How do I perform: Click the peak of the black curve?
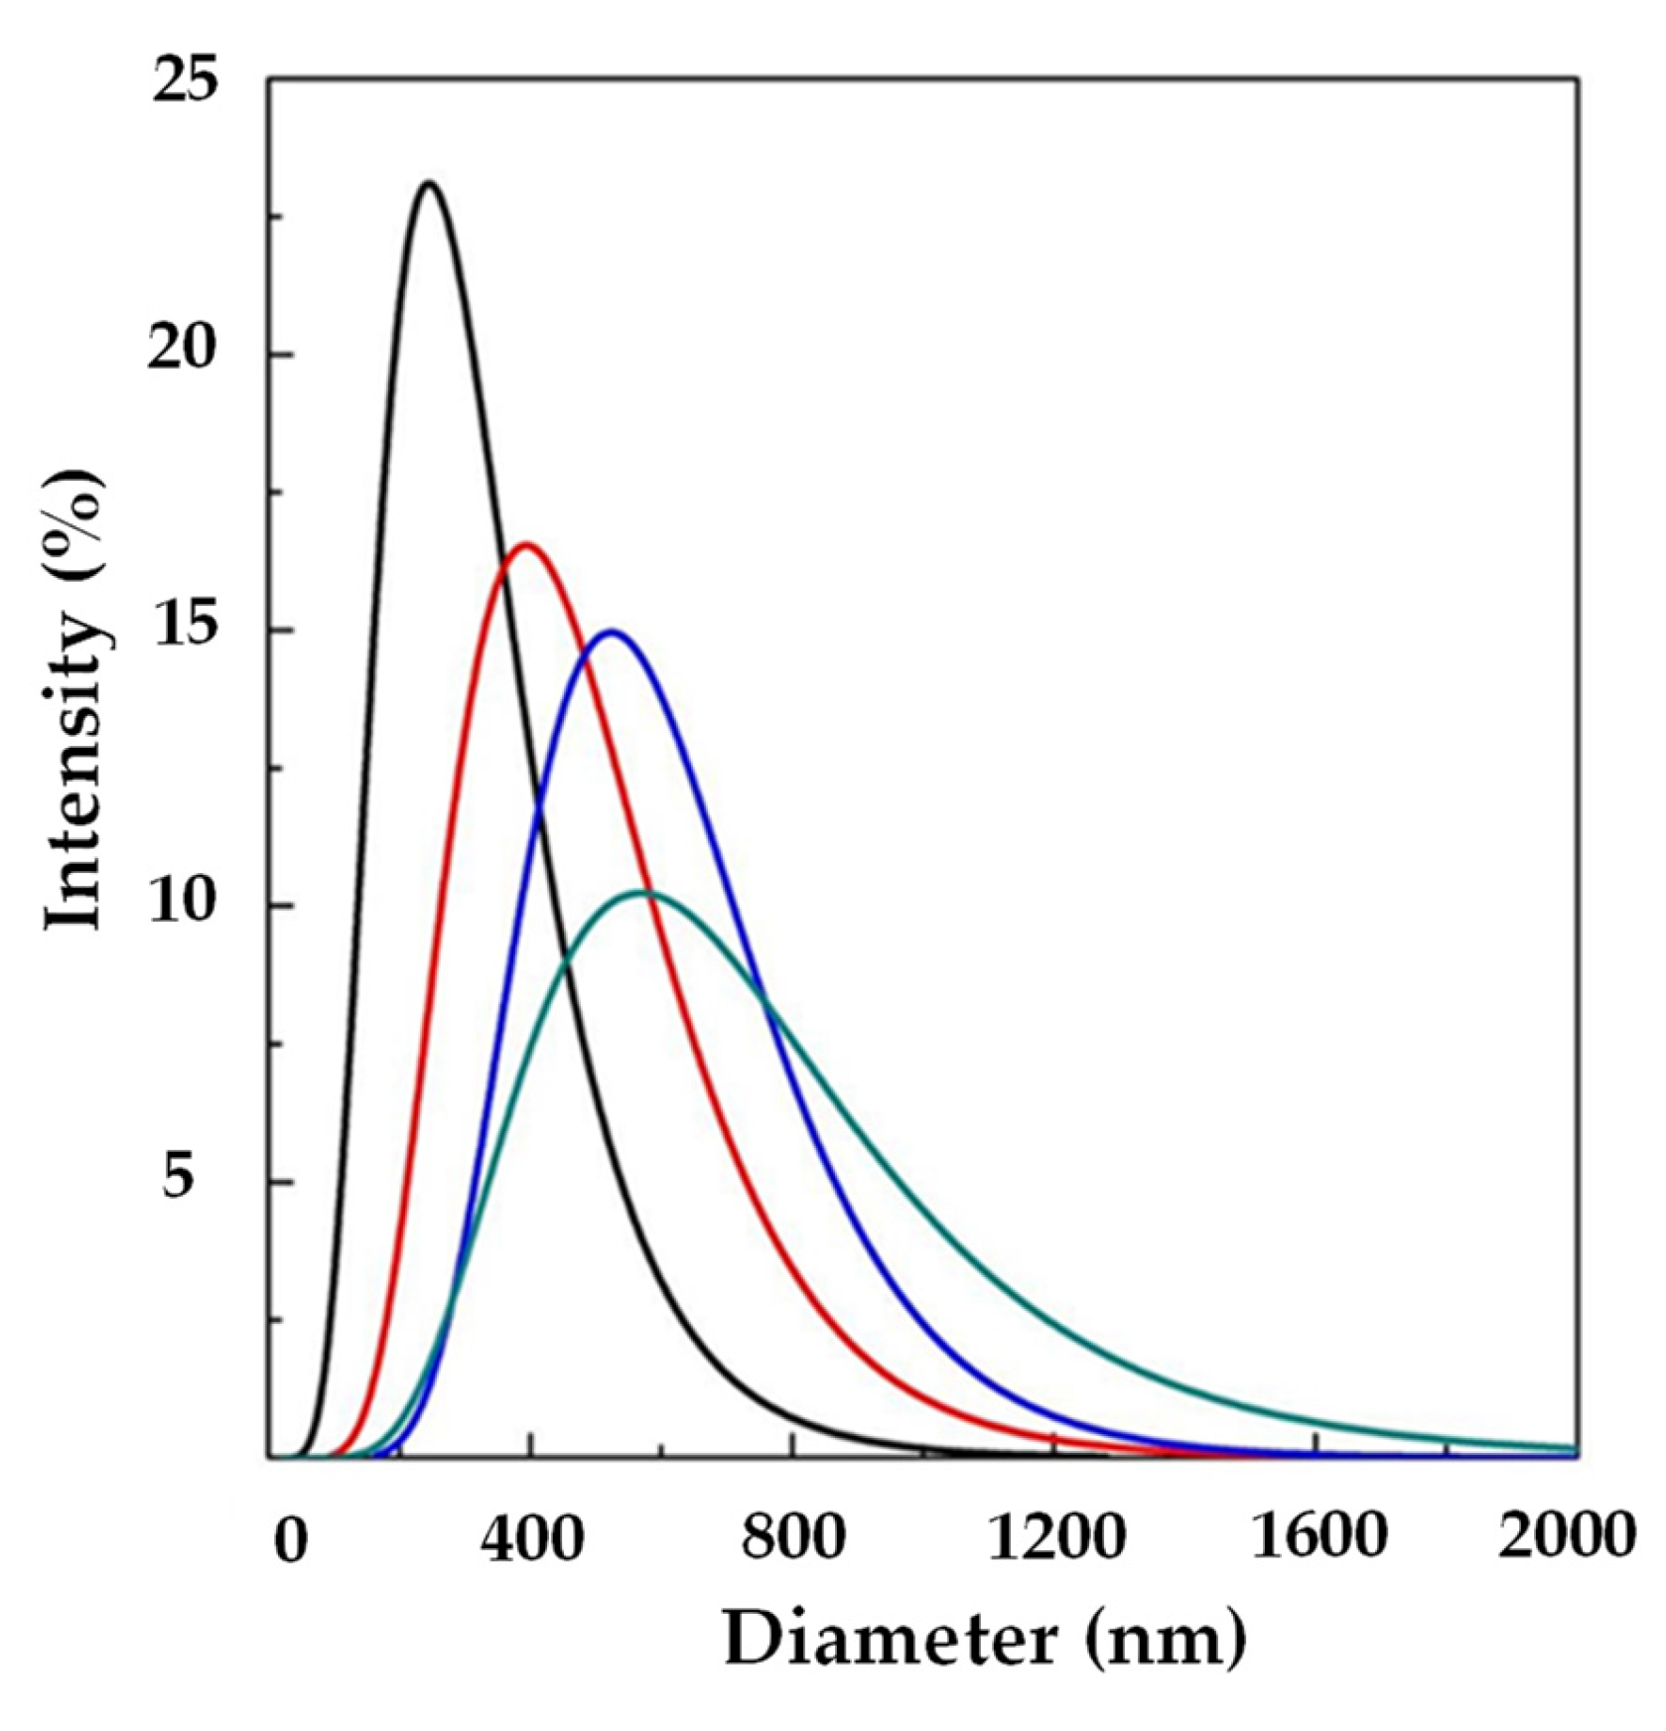pos(429,184)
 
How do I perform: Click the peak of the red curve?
pos(526,544)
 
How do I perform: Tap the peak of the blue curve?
pos(612,632)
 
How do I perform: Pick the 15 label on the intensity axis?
pos(185,631)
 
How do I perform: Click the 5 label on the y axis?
pos(179,1181)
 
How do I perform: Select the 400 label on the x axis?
pos(532,1538)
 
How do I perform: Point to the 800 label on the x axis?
pos(793,1538)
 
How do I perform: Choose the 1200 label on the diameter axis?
pos(1056,1538)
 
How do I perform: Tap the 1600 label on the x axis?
pos(1319,1538)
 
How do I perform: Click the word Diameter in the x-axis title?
pos(890,1640)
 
